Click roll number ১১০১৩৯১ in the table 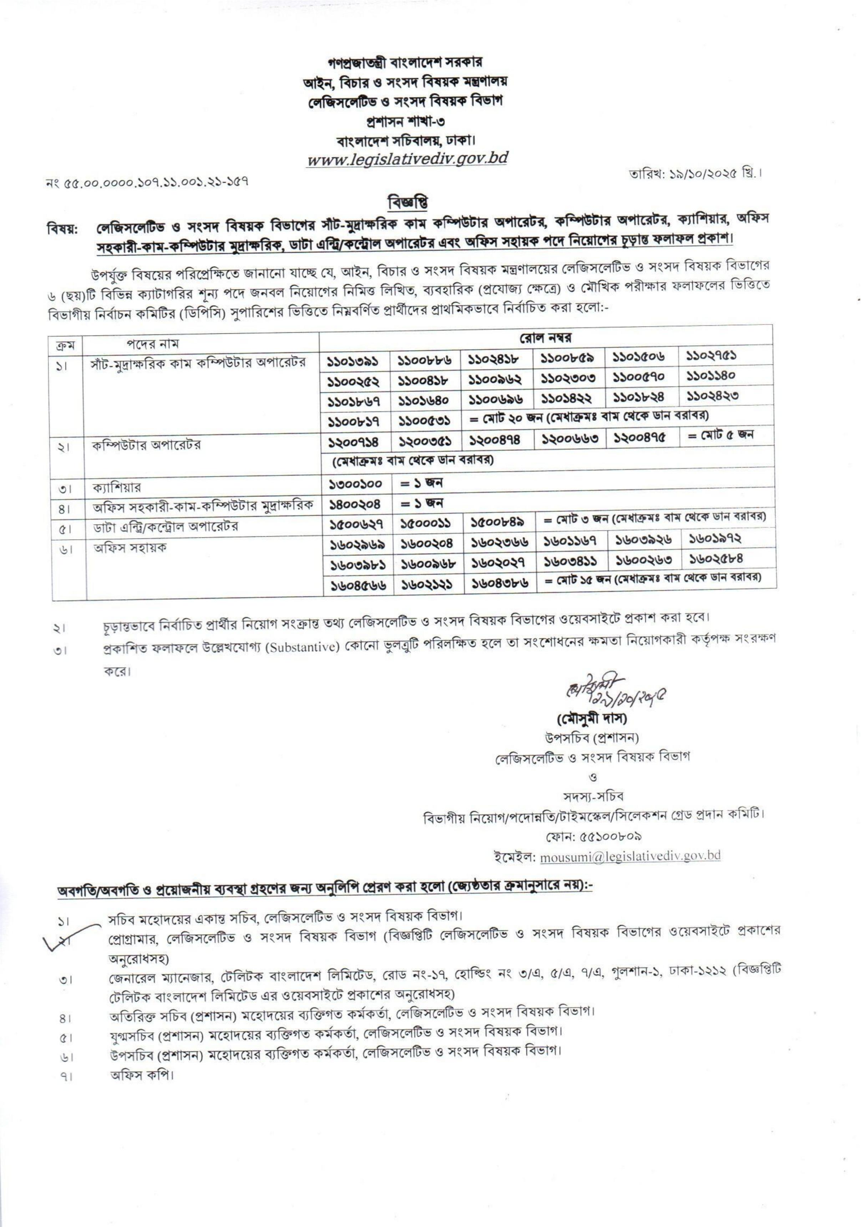(353, 361)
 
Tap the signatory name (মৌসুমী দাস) (591, 718)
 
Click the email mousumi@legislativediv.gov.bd (629, 855)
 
